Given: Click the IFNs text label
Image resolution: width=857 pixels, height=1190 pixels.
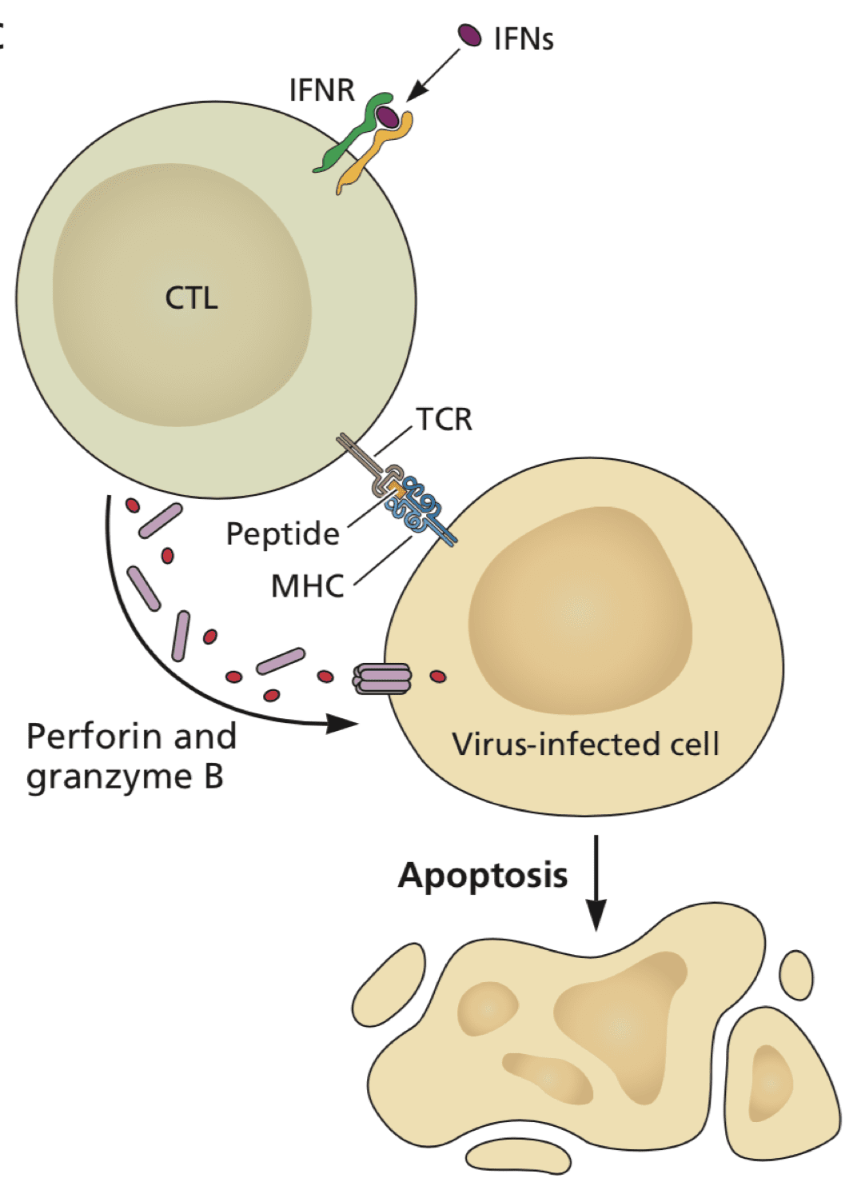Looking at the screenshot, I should click(x=523, y=38).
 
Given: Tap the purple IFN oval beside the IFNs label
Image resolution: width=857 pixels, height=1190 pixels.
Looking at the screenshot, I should click(x=469, y=35).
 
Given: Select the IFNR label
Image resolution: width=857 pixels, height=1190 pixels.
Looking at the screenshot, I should click(x=321, y=90).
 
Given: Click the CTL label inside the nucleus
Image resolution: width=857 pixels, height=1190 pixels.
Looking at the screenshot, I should click(x=191, y=298).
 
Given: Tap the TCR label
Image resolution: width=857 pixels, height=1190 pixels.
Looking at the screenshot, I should click(x=444, y=419).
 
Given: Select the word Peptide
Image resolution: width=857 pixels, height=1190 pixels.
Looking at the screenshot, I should click(x=282, y=533).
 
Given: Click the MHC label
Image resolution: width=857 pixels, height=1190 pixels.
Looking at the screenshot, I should click(x=307, y=586).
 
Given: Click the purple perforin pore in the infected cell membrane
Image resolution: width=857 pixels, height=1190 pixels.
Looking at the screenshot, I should click(x=382, y=679).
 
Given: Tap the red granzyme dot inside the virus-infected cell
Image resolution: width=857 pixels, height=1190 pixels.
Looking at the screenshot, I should click(x=438, y=677).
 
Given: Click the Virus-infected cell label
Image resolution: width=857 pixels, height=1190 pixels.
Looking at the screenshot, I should click(x=585, y=744).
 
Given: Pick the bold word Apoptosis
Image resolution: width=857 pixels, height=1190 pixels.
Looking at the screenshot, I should click(x=483, y=875).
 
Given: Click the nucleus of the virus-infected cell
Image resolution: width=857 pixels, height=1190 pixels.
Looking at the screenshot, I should click(x=580, y=612).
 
